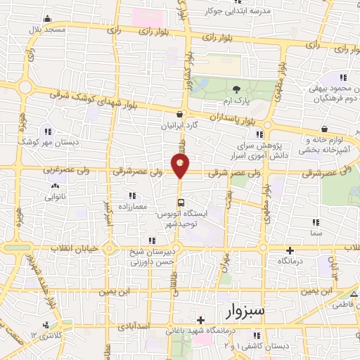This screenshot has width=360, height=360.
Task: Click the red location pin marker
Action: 181,165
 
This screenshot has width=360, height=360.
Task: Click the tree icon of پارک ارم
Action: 236,89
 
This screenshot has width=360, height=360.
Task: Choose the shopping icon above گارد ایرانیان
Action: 181,114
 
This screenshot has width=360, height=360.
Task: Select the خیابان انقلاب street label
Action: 79,248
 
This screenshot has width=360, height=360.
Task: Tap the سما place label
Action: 316,231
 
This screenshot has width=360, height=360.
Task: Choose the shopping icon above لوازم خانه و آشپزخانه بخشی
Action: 324,129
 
